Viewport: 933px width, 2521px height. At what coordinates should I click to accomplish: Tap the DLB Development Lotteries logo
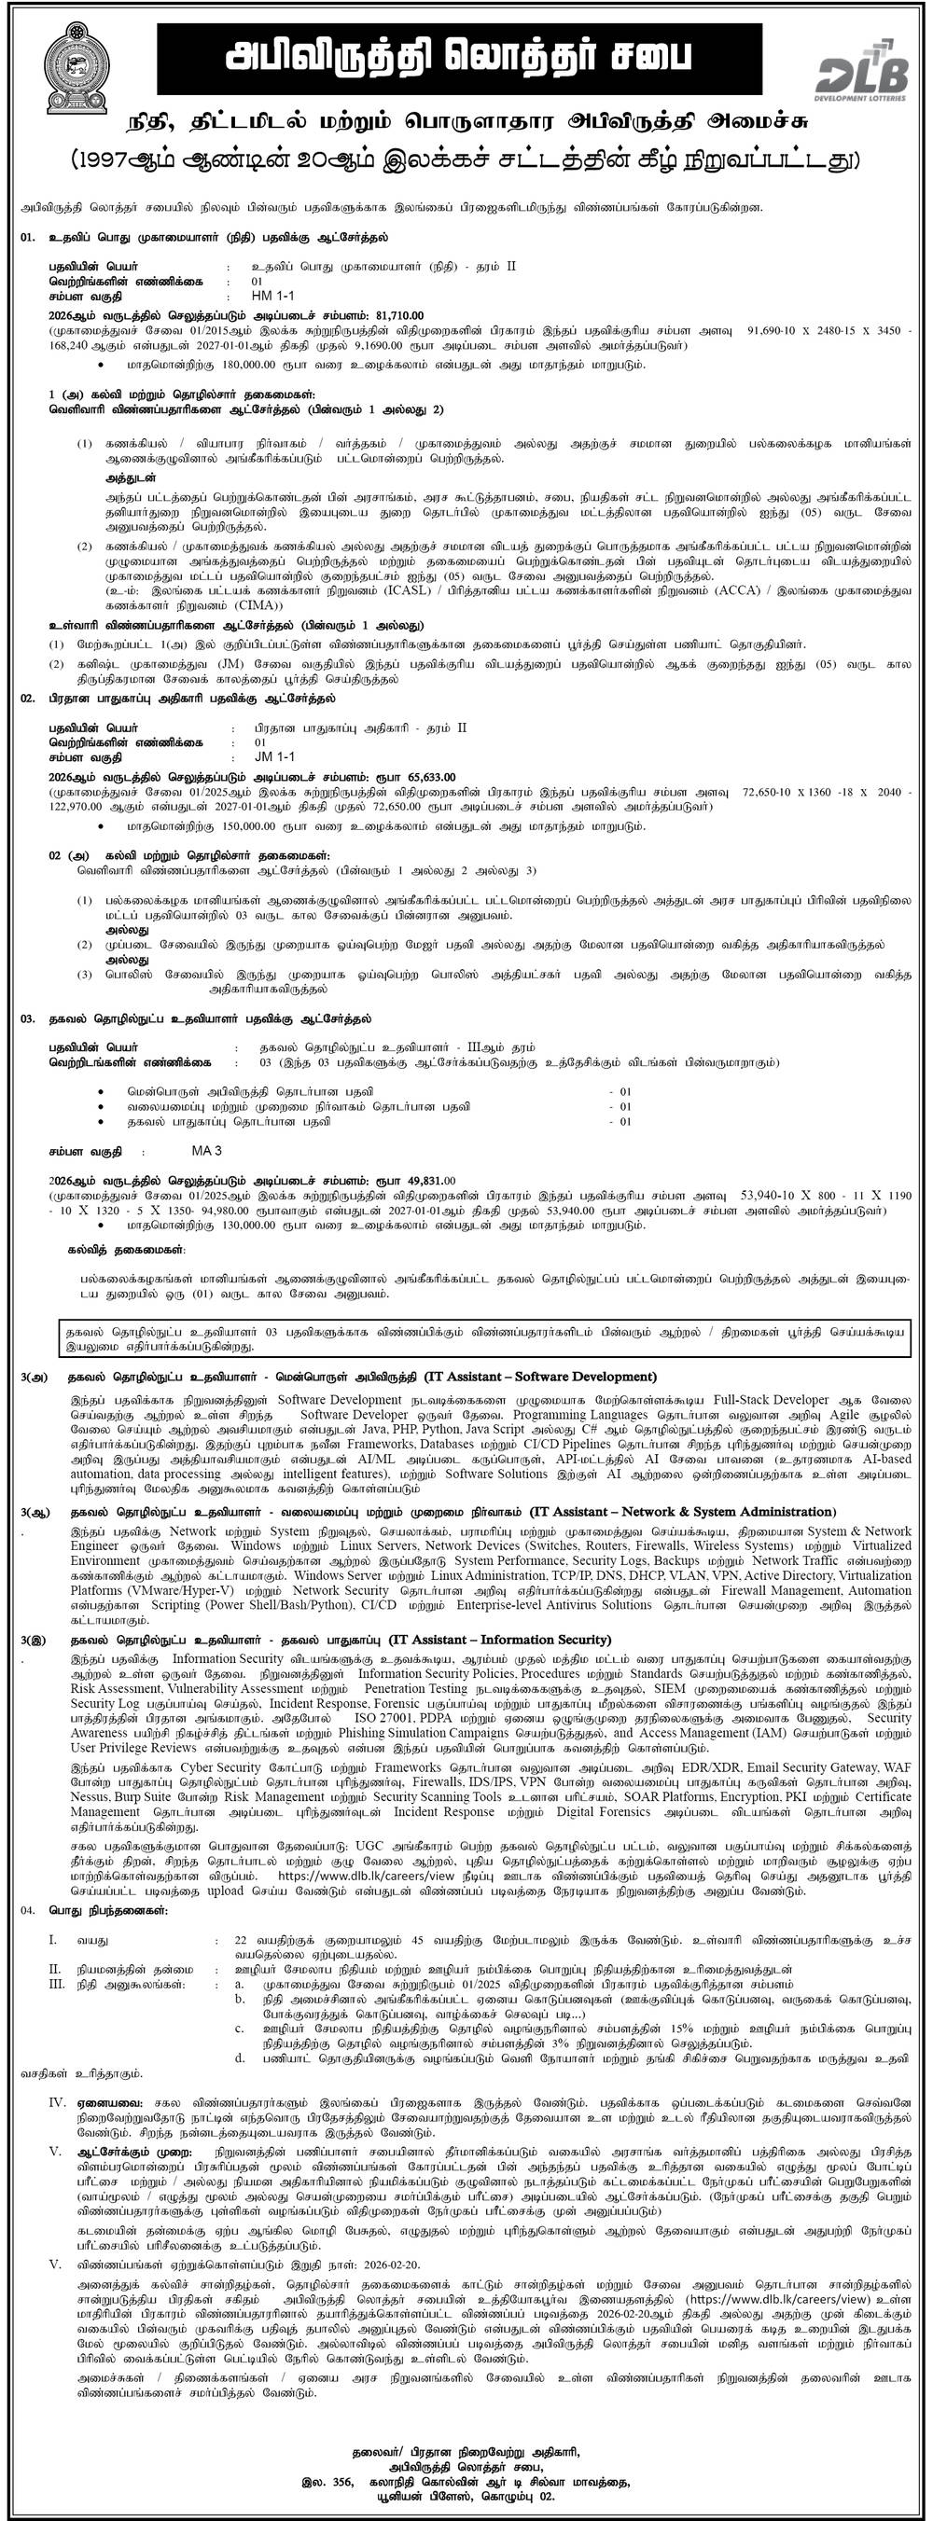point(862,74)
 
